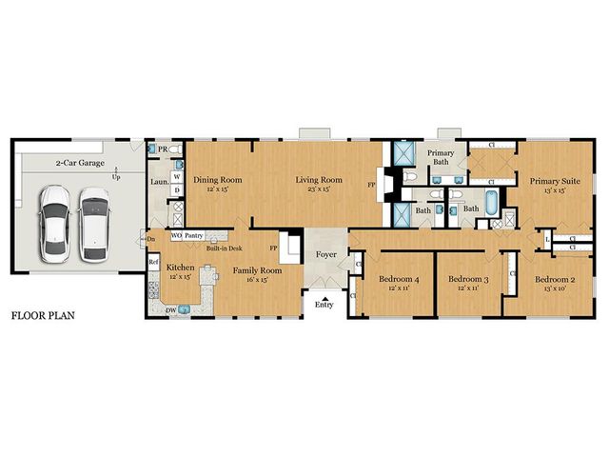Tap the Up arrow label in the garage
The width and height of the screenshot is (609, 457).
116,177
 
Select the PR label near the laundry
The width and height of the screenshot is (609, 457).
164,150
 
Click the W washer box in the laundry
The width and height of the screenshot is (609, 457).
177,177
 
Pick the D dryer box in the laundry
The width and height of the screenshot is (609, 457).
177,190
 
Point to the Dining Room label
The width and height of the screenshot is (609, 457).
218,179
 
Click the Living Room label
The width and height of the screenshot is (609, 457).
318,179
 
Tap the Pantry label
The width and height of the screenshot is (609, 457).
194,234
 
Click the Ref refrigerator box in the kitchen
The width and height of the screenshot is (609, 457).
153,262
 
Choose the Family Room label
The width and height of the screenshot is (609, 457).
257,270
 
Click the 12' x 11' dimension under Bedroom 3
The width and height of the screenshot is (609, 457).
467,288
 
